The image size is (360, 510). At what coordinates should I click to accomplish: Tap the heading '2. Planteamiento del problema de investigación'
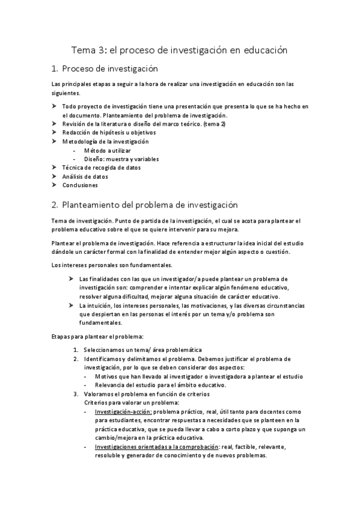(145, 205)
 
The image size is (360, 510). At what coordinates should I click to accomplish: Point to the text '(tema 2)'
(214, 123)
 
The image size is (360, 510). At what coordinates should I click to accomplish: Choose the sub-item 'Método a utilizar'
(108, 150)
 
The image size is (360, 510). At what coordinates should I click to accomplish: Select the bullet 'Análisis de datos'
(85, 177)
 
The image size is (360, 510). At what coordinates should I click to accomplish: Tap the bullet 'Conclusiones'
(80, 185)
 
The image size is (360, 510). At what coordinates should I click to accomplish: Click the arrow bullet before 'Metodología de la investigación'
(53, 141)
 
